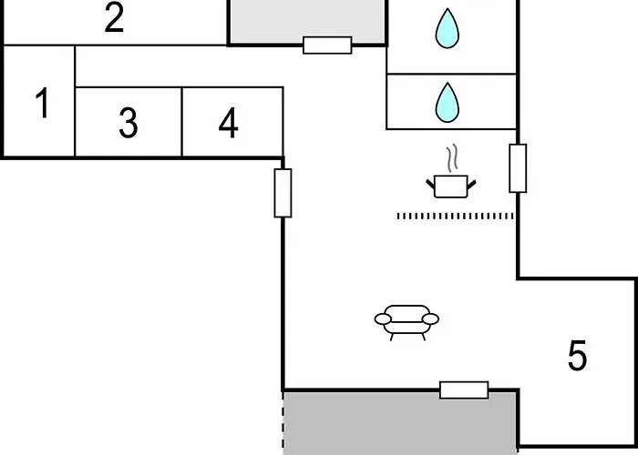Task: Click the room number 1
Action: pyautogui.click(x=43, y=103)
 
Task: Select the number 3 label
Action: pyautogui.click(x=129, y=123)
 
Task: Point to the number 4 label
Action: pyautogui.click(x=228, y=123)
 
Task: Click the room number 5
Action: pyautogui.click(x=577, y=356)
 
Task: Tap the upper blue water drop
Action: pyautogui.click(x=448, y=28)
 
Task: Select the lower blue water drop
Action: pyautogui.click(x=448, y=102)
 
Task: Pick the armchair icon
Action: pyautogui.click(x=406, y=322)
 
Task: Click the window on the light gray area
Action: pyautogui.click(x=327, y=45)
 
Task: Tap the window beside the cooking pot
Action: pyautogui.click(x=518, y=168)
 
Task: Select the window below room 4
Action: pyautogui.click(x=283, y=193)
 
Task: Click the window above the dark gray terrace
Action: pyautogui.click(x=464, y=390)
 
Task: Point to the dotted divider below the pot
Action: pyautogui.click(x=455, y=217)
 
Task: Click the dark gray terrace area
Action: pyautogui.click(x=400, y=423)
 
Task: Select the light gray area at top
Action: pyautogui.click(x=307, y=20)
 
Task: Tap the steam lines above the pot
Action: pyautogui.click(x=452, y=157)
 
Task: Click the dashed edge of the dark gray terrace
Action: pyautogui.click(x=283, y=422)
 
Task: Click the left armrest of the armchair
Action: pyautogui.click(x=383, y=319)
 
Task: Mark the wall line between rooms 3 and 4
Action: pyautogui.click(x=182, y=121)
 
